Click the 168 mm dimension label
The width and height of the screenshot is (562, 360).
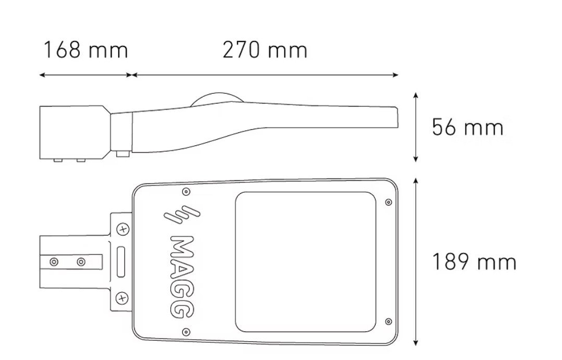[85, 50]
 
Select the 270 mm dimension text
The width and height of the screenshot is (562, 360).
[265, 50]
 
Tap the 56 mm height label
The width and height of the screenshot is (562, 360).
[468, 127]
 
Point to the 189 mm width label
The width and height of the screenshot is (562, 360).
[474, 262]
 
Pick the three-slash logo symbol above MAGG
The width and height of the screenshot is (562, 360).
[182, 215]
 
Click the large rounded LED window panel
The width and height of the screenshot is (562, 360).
[305, 262]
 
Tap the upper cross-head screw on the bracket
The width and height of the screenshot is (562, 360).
[123, 229]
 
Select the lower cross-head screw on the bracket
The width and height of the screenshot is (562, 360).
[122, 298]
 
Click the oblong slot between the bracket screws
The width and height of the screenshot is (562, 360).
[121, 262]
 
